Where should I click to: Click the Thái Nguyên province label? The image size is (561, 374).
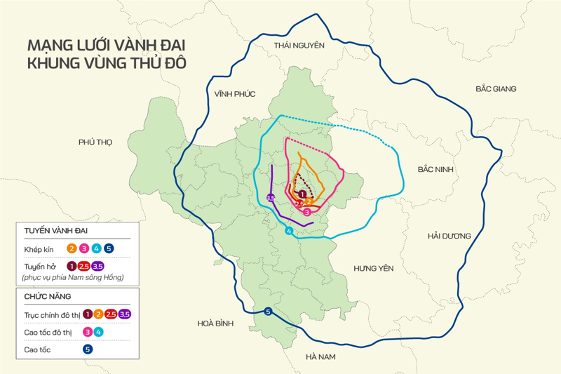pyautogui.click(x=299, y=46)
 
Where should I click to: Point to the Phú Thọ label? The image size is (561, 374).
pyautogui.click(x=95, y=142)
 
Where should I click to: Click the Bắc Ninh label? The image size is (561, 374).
pyautogui.click(x=435, y=170)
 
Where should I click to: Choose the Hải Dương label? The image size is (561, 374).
pyautogui.click(x=449, y=236)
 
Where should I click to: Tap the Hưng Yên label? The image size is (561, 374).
pyautogui.click(x=374, y=269)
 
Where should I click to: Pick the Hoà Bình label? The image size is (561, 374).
pyautogui.click(x=215, y=323)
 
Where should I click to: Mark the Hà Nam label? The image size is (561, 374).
pyautogui.click(x=321, y=357)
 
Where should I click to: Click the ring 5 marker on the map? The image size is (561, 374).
pyautogui.click(x=269, y=312)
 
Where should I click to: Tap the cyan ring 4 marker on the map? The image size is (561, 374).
pyautogui.click(x=288, y=232)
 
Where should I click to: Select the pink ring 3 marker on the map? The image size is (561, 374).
pyautogui.click(x=306, y=212)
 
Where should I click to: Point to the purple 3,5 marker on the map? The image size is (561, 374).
pyautogui.click(x=272, y=197)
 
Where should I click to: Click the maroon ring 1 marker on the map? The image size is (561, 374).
pyautogui.click(x=302, y=194)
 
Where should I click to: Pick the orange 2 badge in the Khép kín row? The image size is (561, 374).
pyautogui.click(x=72, y=248)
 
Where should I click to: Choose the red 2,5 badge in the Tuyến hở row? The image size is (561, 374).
pyautogui.click(x=84, y=266)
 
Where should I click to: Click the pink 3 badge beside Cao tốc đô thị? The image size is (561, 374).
pyautogui.click(x=88, y=331)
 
